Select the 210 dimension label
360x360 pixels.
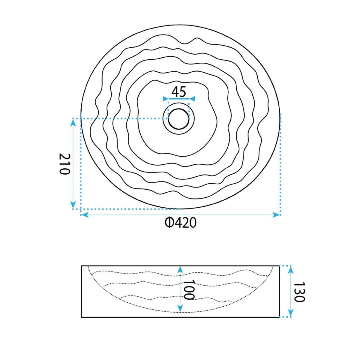point(64,164)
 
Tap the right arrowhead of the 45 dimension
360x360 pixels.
point(192,99)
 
